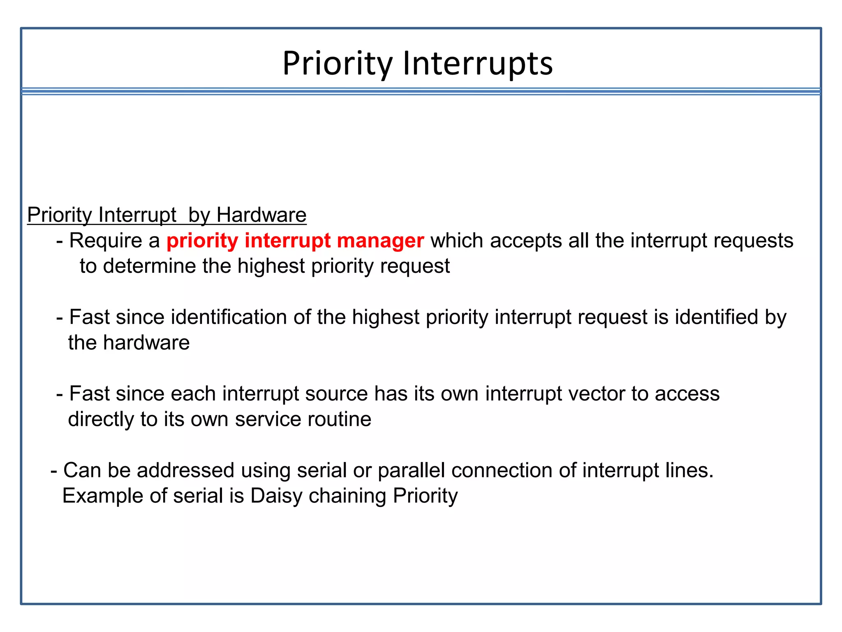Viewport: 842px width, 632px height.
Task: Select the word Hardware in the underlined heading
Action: (x=261, y=215)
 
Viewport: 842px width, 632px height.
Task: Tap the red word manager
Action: (x=380, y=241)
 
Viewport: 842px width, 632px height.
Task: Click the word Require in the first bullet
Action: (x=106, y=241)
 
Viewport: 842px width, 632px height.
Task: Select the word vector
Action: (x=597, y=394)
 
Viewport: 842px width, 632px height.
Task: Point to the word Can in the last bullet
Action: (x=82, y=470)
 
